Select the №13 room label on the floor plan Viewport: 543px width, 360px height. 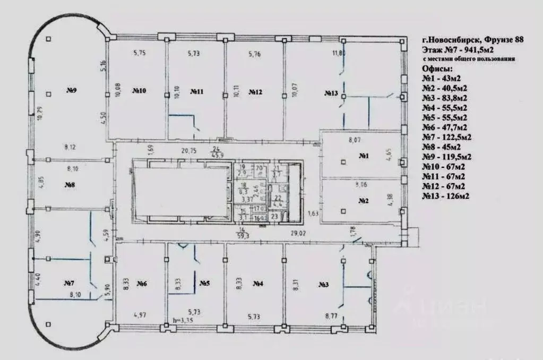(x=331, y=93)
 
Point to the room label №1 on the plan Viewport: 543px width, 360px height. (x=364, y=156)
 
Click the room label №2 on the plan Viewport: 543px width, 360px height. (x=364, y=201)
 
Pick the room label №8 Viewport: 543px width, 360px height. (x=70, y=185)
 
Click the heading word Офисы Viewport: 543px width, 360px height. (x=438, y=69)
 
